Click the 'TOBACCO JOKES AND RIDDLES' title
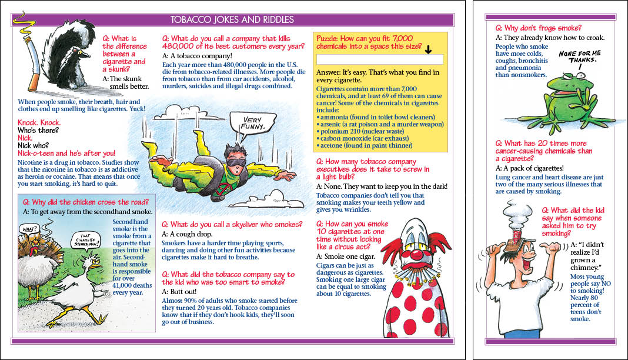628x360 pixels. pos(232,20)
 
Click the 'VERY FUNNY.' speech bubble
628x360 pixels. pos(255,123)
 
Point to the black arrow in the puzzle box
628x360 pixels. pos(428,49)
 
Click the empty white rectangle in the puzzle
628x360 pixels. pos(379,59)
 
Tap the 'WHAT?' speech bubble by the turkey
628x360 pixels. pos(29,228)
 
